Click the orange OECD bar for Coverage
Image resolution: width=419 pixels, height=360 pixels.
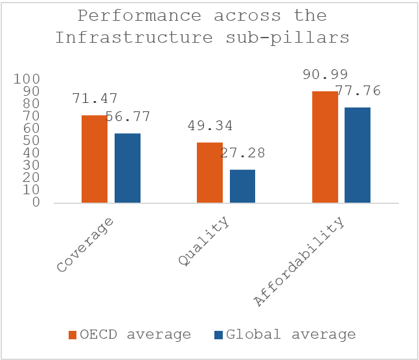point(94,159)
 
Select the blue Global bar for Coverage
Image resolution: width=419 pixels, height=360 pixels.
point(127,168)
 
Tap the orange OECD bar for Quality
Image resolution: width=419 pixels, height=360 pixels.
point(209,172)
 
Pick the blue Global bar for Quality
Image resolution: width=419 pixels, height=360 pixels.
point(242,186)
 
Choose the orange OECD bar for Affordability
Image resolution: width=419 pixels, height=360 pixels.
point(324,147)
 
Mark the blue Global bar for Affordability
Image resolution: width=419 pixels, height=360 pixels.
point(357,155)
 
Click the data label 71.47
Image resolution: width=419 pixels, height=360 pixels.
point(95,99)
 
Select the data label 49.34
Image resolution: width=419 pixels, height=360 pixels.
point(210,126)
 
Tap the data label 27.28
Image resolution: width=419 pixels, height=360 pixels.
point(243,153)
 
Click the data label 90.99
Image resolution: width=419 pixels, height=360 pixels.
point(325,75)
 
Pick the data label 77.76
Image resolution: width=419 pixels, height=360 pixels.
point(358,91)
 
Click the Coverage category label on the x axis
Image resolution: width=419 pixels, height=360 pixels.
point(86,245)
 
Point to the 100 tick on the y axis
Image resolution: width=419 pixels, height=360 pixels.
point(27,79)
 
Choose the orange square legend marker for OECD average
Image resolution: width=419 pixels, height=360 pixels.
point(73,335)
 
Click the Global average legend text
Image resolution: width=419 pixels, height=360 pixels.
point(291,335)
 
